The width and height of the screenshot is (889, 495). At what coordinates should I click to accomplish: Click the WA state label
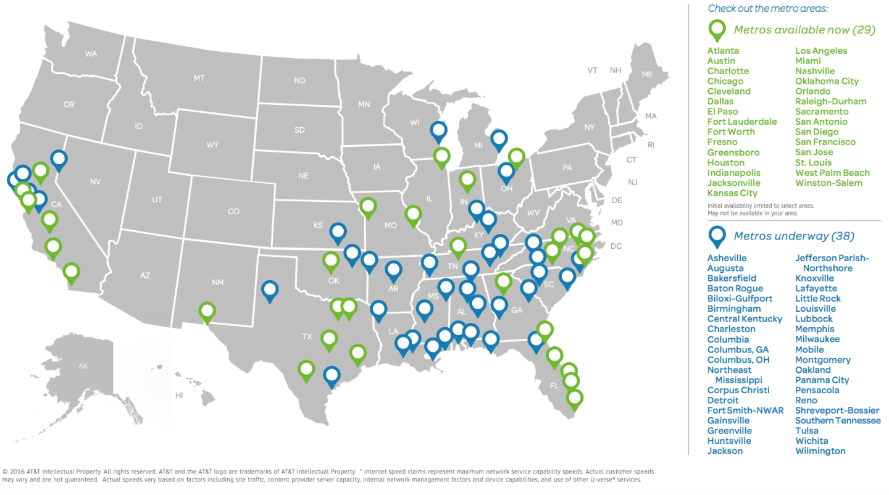(91, 54)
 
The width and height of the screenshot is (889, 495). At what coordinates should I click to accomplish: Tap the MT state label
(199, 78)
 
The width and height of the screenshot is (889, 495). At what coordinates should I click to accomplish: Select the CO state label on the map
(233, 212)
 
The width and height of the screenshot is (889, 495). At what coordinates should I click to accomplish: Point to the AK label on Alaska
(83, 366)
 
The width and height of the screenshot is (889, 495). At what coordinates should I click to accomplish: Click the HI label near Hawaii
(179, 395)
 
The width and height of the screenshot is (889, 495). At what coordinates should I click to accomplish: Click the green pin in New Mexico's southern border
(207, 312)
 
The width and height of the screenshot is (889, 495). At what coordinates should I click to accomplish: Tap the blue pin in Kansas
(338, 233)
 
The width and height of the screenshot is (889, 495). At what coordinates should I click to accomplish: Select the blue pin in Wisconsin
(438, 131)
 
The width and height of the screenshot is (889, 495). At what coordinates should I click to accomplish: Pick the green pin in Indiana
(467, 180)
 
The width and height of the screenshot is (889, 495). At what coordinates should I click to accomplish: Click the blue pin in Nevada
(59, 160)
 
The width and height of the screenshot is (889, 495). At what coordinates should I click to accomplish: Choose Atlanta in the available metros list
(723, 51)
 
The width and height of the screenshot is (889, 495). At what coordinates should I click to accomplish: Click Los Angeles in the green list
(821, 51)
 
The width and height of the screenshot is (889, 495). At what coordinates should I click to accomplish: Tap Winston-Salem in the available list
(828, 183)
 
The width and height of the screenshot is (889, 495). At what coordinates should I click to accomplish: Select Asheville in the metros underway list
(727, 258)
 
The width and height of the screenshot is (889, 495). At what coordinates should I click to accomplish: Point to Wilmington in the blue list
(820, 451)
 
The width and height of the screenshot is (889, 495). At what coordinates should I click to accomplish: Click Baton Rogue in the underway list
(735, 288)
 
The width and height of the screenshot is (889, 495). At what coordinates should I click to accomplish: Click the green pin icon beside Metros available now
(717, 30)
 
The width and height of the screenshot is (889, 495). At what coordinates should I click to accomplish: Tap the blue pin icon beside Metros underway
(717, 236)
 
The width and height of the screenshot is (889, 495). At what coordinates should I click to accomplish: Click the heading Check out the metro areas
(767, 9)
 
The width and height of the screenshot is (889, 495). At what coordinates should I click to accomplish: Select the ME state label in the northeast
(647, 75)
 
